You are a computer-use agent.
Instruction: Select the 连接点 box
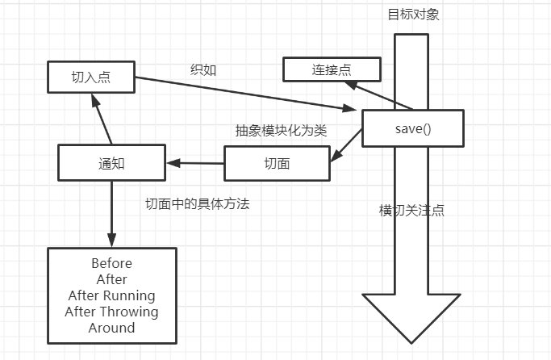(x=332, y=69)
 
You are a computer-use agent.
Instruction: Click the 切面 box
(x=277, y=163)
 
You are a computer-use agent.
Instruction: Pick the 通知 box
(x=112, y=162)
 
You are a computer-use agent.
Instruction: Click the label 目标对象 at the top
(x=413, y=15)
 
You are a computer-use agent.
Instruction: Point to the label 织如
(x=202, y=69)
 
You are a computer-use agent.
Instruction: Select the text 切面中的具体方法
(x=197, y=203)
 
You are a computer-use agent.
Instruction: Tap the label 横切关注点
(x=411, y=210)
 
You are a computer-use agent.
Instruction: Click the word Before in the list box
(x=111, y=263)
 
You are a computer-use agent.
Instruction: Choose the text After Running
(x=111, y=295)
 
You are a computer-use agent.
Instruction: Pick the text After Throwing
(x=111, y=312)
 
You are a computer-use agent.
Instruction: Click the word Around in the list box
(x=111, y=328)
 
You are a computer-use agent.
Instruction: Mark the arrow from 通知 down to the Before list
(x=111, y=213)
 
